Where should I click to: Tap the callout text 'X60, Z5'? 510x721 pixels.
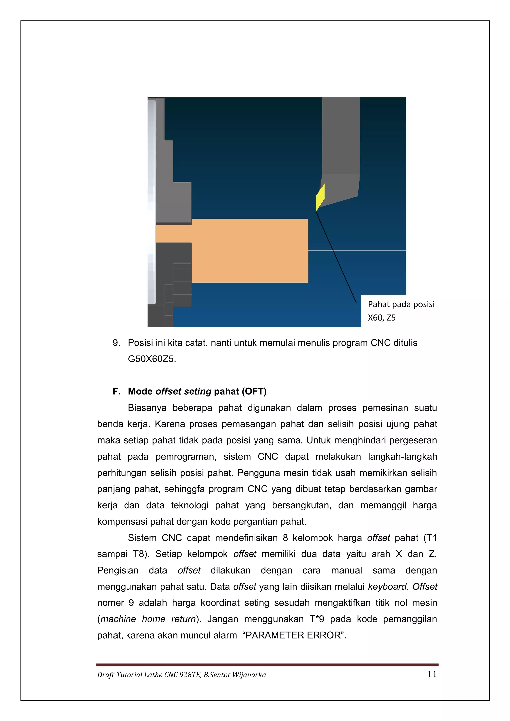(x=382, y=318)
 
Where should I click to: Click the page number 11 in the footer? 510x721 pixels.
(x=432, y=674)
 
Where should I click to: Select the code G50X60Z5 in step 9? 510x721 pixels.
(x=152, y=359)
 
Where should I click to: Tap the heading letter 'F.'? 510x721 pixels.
(x=116, y=391)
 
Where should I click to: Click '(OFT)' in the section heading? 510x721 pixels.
(x=254, y=391)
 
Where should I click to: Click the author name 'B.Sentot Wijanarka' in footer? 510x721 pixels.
(x=235, y=675)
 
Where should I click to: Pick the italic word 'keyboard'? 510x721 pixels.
(x=387, y=586)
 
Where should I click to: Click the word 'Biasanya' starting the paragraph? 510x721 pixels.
(x=147, y=408)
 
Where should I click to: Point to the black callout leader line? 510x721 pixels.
(x=336, y=257)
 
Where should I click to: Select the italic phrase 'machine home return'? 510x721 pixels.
(x=148, y=619)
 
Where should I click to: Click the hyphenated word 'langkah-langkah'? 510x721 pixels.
(x=402, y=456)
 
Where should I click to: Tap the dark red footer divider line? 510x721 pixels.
(x=267, y=665)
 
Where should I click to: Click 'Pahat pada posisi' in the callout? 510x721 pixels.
(x=401, y=304)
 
